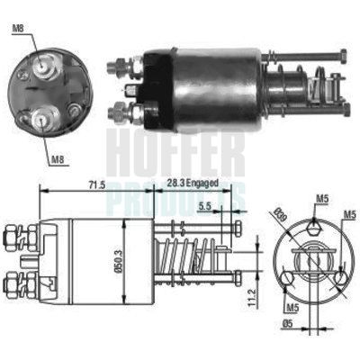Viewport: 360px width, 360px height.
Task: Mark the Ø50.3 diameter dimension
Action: (131, 260)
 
